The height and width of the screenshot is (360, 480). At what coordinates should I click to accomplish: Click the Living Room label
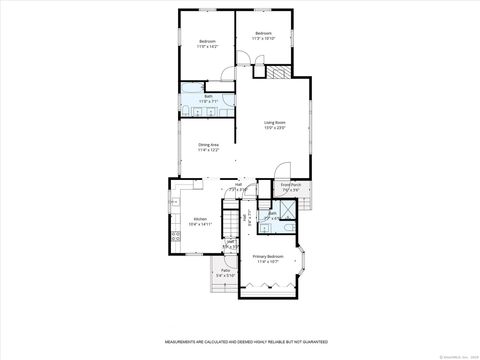click(x=275, y=122)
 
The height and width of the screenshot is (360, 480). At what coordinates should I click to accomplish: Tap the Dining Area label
click(x=208, y=145)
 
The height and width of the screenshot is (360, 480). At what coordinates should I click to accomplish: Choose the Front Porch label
click(x=291, y=184)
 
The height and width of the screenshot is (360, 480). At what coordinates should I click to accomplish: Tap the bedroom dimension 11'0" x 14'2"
click(x=207, y=46)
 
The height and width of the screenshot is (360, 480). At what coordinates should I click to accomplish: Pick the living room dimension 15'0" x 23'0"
click(x=275, y=128)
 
